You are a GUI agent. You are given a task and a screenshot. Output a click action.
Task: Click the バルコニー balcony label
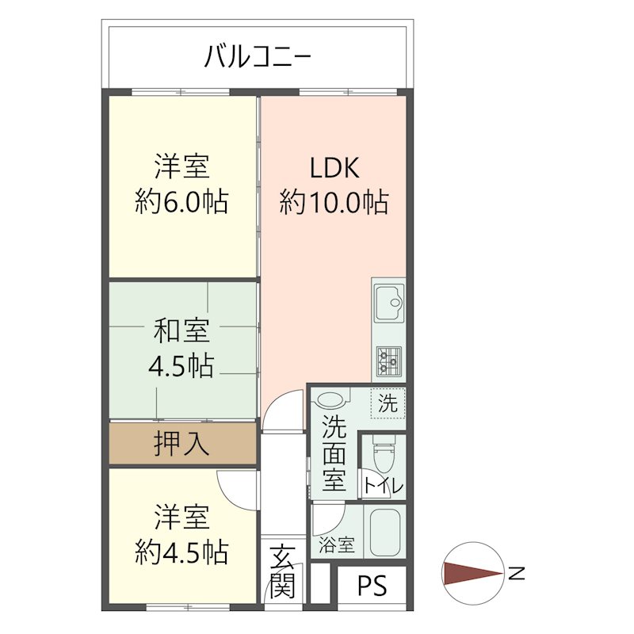point(258,56)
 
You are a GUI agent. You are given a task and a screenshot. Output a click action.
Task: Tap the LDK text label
point(334,168)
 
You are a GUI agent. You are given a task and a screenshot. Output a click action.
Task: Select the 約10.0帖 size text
point(334,203)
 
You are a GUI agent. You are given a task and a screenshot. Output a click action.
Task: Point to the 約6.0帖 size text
point(181,203)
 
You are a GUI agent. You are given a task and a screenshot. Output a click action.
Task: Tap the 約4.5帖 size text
point(181,549)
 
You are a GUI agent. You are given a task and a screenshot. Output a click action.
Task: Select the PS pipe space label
point(372,586)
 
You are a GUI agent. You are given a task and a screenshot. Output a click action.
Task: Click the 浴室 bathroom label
point(337,545)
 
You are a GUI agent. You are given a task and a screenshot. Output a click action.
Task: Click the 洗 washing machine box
point(388,403)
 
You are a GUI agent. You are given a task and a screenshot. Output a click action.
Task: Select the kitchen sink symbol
point(388,303)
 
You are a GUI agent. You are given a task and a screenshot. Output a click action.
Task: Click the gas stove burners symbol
point(388,361)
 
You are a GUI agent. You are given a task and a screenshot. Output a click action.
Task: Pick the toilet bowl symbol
point(384,456)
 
